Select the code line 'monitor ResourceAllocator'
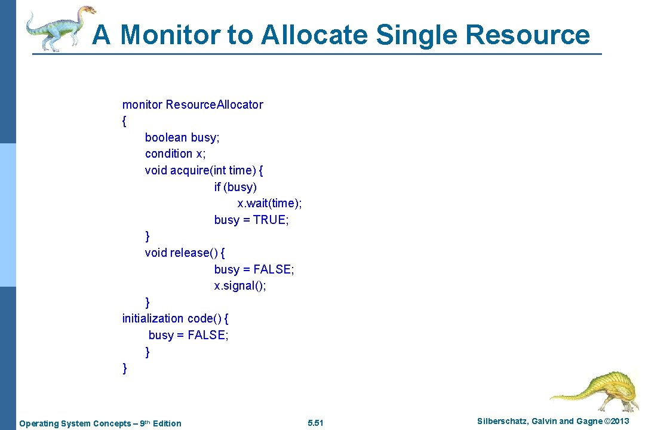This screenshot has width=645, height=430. (192, 105)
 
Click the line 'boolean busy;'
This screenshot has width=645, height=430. (182, 137)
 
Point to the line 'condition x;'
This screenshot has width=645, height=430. (175, 153)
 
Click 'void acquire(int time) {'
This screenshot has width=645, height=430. (204, 170)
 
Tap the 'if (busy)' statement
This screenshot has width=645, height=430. (235, 187)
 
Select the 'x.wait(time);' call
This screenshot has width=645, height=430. (269, 204)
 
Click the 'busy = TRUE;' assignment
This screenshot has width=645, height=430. (251, 220)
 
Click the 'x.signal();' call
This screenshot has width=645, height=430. (240, 285)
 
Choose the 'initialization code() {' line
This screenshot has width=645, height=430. (179, 318)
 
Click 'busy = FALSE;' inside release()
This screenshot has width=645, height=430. (254, 269)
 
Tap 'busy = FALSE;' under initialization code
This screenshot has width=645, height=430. (188, 335)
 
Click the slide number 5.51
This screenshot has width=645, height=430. (315, 423)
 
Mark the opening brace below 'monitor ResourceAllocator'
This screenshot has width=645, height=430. (124, 121)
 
